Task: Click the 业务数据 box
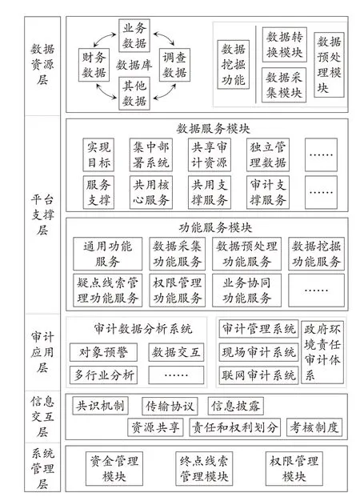tap(134, 35)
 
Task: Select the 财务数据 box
tap(94, 65)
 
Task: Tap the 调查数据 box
tap(174, 65)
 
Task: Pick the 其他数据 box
tap(134, 94)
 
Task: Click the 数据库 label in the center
tap(134, 65)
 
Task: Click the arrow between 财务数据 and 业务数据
tap(104, 39)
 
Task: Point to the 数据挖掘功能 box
tap(234, 64)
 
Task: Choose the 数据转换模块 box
tap(285, 44)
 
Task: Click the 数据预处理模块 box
tap(329, 65)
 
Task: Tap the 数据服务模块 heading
tap(213, 129)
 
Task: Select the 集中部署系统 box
tap(151, 154)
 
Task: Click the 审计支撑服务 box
tap(268, 192)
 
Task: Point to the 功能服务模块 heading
tap(215, 228)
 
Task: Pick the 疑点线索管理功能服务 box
tap(108, 291)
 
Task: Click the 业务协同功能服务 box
tap(246, 291)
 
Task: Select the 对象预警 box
tap(103, 352)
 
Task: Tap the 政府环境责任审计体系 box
tap(322, 352)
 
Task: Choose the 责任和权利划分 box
tap(234, 427)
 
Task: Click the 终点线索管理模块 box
tap(204, 468)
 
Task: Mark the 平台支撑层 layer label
tap(42, 214)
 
